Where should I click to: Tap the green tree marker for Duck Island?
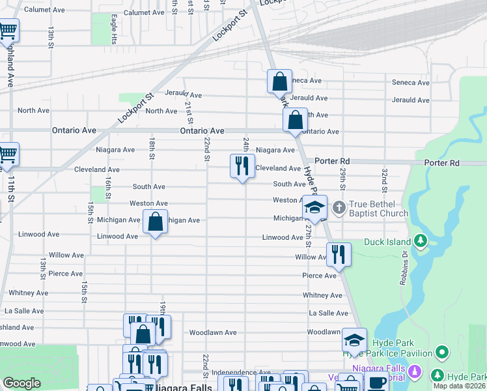pyautogui.click(x=421, y=241)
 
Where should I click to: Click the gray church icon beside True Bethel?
pyautogui.click(x=339, y=208)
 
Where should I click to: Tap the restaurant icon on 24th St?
pyautogui.click(x=242, y=166)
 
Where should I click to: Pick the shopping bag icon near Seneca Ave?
pyautogui.click(x=279, y=82)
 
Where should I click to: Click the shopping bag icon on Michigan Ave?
pyautogui.click(x=156, y=222)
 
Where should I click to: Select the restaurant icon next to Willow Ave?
pyautogui.click(x=338, y=254)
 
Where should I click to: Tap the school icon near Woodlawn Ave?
pyautogui.click(x=354, y=340)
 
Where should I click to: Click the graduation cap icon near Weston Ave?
pyautogui.click(x=314, y=207)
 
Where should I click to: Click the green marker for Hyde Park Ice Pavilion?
pyautogui.click(x=443, y=353)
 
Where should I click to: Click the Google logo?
pyautogui.click(x=21, y=383)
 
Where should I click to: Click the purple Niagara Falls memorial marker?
pyautogui.click(x=416, y=375)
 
